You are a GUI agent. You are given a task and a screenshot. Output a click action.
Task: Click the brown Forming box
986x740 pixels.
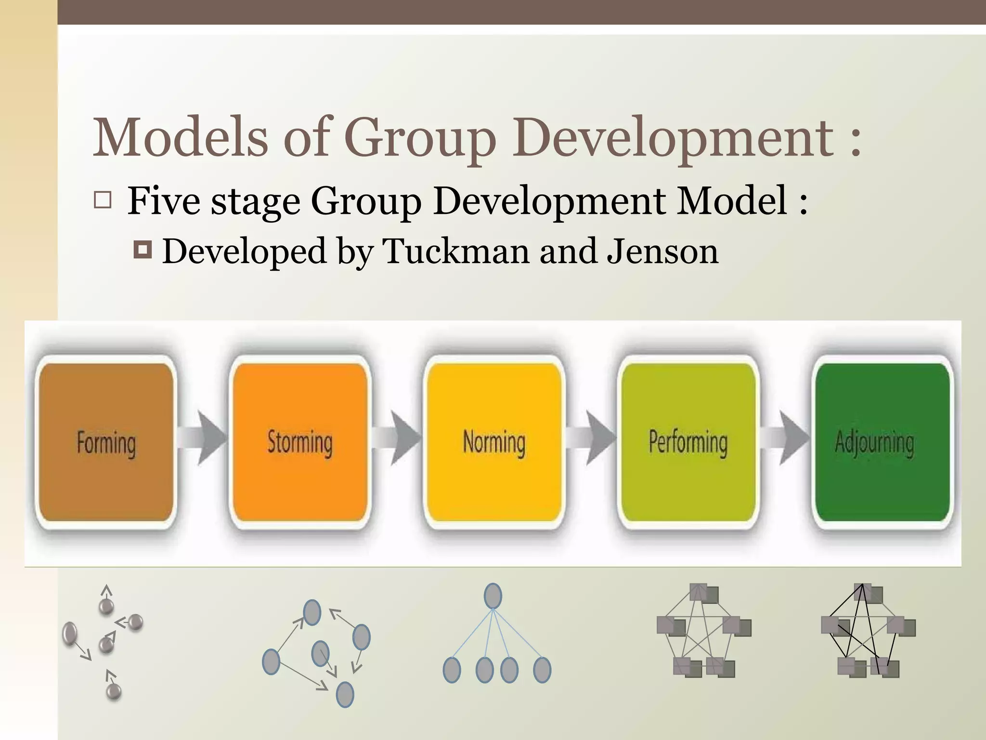click(106, 442)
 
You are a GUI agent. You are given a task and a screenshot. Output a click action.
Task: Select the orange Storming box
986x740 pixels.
click(300, 442)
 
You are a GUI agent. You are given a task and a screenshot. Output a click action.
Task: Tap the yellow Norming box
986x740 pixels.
click(494, 442)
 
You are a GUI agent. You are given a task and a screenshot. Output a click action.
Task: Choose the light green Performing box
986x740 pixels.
click(688, 442)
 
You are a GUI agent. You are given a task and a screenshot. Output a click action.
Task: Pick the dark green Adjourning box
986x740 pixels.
click(882, 442)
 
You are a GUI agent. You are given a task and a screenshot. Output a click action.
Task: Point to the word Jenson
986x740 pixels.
click(662, 251)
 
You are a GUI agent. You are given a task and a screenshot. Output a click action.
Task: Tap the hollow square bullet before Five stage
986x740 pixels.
click(103, 200)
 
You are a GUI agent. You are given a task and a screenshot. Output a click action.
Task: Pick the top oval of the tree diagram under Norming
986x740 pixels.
click(493, 596)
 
